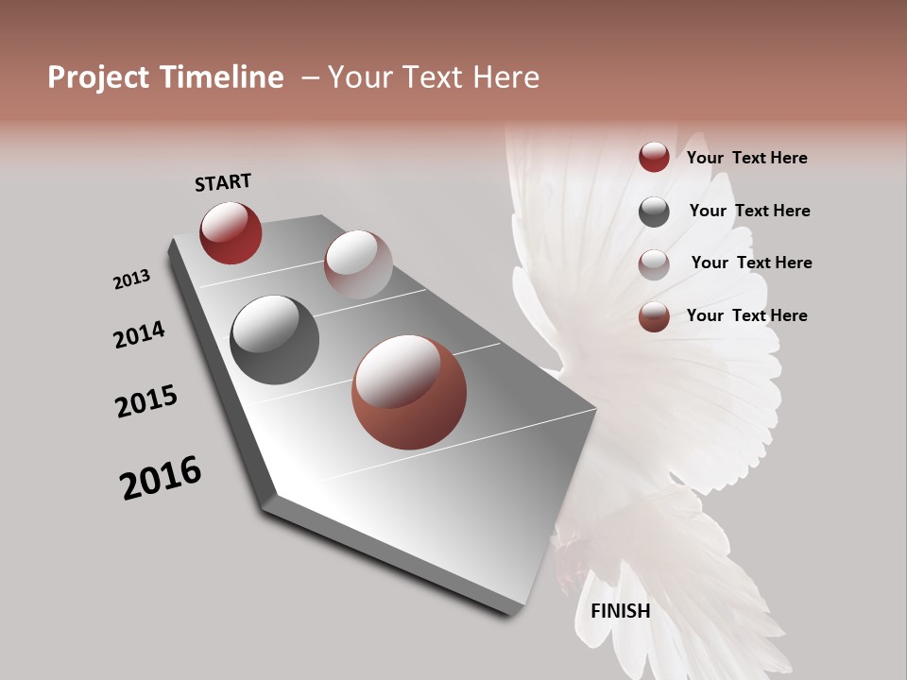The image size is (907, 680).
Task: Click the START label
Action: [223, 181]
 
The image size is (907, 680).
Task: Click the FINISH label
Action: [620, 611]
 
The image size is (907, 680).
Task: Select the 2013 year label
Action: [131, 280]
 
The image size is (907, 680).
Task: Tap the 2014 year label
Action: [139, 334]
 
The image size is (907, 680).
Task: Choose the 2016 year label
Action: [161, 478]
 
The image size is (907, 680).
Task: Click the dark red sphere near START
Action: [231, 232]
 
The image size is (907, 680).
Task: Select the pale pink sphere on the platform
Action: [358, 264]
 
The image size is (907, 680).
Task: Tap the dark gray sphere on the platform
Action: [274, 339]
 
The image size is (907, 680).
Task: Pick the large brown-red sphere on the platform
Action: [409, 392]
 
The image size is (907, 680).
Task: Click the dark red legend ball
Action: [654, 158]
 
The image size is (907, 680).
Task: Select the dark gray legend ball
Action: [654, 212]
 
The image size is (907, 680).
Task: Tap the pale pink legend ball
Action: [654, 263]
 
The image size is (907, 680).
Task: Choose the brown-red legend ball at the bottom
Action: [654, 316]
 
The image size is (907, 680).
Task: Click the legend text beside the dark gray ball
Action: [749, 211]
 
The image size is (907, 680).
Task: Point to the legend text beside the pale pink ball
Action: [751, 263]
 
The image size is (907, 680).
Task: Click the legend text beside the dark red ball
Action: [746, 158]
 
